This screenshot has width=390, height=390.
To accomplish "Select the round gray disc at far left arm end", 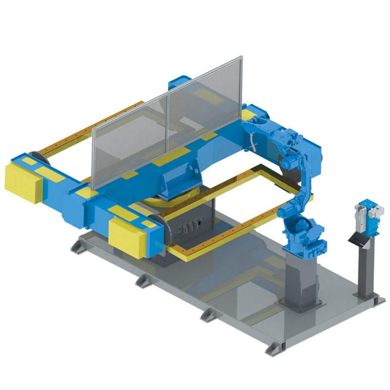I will (37, 158).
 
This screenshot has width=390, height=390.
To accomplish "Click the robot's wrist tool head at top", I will (256, 122).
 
